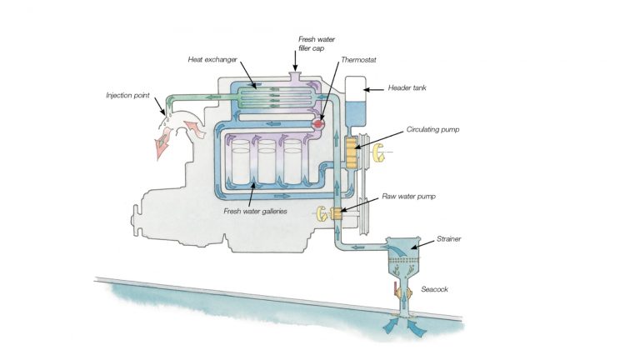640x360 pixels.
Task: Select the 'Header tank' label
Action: click(x=407, y=87)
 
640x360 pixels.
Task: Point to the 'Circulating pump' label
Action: click(x=433, y=130)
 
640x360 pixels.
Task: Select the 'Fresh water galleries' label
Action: click(x=255, y=211)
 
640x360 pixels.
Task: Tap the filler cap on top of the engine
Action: click(x=295, y=77)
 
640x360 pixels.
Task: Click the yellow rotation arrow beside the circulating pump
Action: click(x=380, y=152)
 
